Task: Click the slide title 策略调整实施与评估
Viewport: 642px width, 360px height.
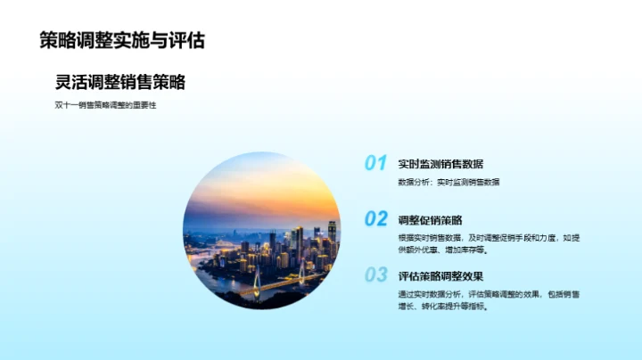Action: [x=122, y=40]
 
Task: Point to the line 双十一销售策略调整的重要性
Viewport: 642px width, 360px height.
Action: [x=105, y=106]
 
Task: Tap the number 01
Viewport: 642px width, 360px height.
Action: [x=375, y=163]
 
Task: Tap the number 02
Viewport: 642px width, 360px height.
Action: [x=375, y=218]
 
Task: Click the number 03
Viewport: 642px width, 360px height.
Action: [x=375, y=274]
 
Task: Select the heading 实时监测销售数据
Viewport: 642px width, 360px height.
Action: [x=440, y=164]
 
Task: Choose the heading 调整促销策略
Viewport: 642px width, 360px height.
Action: [x=430, y=219]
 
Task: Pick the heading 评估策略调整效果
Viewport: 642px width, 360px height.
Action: [x=440, y=275]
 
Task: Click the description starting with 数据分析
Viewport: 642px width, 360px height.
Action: [x=449, y=182]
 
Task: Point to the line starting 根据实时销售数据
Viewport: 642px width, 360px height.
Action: [x=489, y=238]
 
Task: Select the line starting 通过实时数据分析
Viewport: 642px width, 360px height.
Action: [x=489, y=294]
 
